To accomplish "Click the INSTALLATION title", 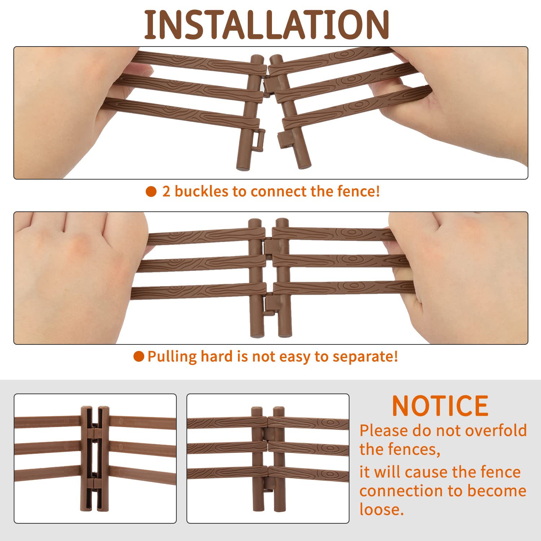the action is (267, 25).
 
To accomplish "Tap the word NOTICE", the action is (440, 406).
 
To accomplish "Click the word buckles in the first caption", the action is (202, 191).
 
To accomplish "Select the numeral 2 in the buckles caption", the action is (166, 192).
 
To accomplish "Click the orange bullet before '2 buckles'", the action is (151, 192).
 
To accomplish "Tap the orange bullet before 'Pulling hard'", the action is (139, 356).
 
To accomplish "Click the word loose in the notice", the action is (381, 509).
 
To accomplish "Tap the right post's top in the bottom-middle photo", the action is (279, 411).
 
